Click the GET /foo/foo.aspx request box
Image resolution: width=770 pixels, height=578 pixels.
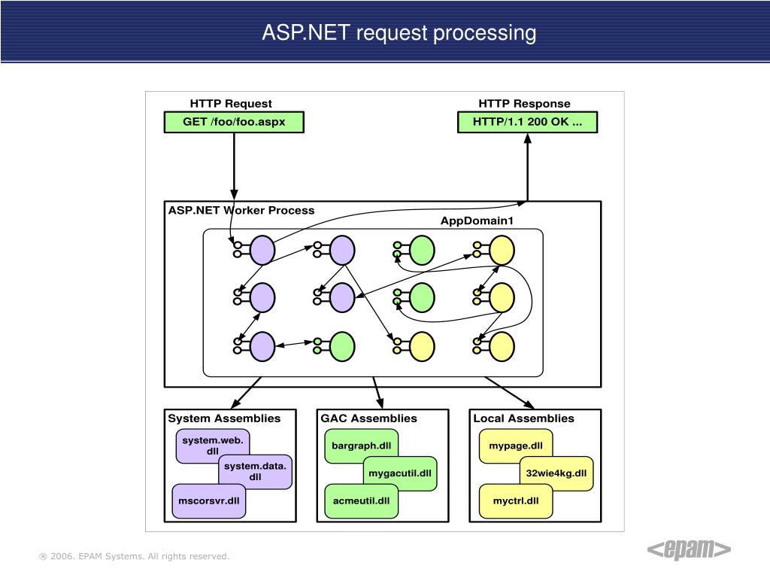coord(234,122)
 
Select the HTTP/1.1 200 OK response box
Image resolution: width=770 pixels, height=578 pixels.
coord(527,122)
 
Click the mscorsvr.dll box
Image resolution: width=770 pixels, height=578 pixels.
coord(209,501)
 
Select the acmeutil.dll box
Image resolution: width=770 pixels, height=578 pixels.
coord(361,501)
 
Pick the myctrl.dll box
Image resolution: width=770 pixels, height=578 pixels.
coord(516,501)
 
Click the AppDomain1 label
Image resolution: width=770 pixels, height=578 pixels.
coord(477,221)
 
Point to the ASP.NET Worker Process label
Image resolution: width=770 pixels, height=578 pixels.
coord(241,211)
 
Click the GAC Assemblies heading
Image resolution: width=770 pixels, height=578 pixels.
coord(368,418)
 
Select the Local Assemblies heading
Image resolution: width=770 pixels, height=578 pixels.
coord(523,418)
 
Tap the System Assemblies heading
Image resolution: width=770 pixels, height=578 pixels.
coord(224,418)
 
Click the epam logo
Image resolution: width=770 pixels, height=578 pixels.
coord(689,549)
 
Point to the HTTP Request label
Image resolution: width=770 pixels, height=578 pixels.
coord(231,104)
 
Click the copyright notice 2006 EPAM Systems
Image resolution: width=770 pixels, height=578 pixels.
coord(134,556)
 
